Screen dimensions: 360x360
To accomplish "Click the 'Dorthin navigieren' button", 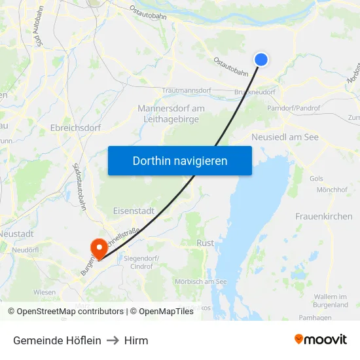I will click(x=180, y=160).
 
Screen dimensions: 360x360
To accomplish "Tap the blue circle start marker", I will click(x=261, y=60).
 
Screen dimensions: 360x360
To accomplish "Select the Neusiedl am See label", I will click(x=285, y=137).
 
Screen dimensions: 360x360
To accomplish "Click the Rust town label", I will click(x=205, y=242).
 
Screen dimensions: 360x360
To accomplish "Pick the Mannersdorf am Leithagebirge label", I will click(x=171, y=113).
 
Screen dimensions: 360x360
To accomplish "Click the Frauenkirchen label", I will click(x=323, y=216).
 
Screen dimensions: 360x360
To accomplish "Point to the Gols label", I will click(x=316, y=178).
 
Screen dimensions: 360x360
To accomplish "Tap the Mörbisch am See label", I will click(x=200, y=281).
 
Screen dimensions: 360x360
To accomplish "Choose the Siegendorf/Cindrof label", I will click(x=141, y=262).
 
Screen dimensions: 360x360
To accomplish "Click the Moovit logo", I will click(x=321, y=340).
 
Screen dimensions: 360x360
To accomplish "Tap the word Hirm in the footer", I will click(x=136, y=340).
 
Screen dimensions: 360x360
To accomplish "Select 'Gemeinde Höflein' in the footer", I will click(x=57, y=340).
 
